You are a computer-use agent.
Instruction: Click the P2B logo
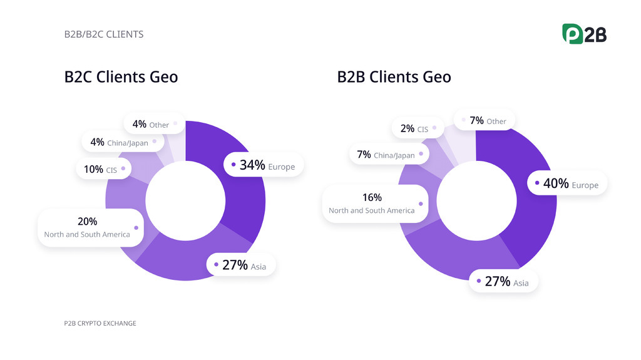584,34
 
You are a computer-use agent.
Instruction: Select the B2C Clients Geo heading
121,77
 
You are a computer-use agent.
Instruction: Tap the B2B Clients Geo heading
394,77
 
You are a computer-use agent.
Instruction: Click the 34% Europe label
264,165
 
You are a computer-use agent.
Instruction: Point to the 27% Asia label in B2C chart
241,265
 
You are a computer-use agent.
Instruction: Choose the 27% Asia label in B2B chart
503,282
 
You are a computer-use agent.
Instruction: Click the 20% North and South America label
88,227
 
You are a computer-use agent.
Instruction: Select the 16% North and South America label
372,203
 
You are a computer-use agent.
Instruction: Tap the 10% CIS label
101,169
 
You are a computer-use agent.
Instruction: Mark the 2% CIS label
415,128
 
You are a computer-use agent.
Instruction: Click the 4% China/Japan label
120,142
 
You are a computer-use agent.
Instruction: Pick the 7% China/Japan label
386,154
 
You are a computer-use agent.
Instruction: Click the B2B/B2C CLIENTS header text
104,34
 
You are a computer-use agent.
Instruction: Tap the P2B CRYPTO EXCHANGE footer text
100,323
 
